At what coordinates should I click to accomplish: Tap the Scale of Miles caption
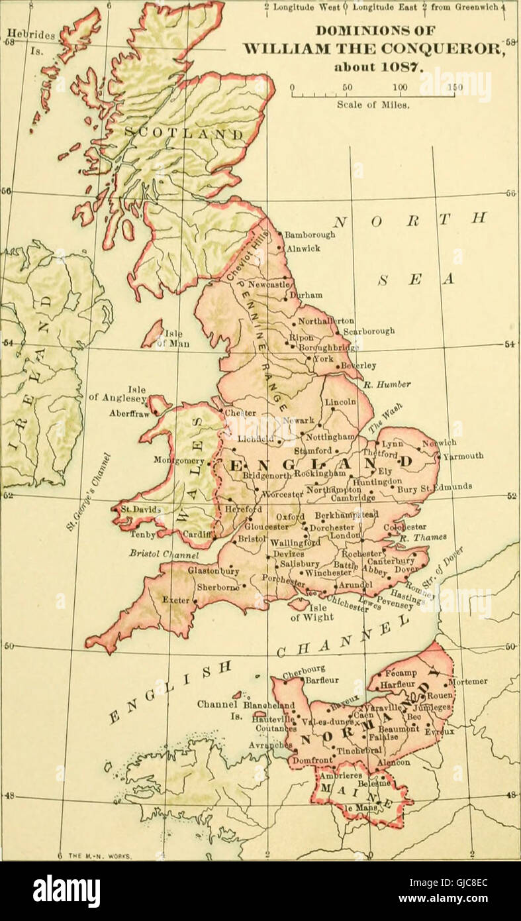[373, 104]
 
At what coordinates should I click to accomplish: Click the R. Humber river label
[387, 384]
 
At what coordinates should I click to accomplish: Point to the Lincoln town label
[340, 402]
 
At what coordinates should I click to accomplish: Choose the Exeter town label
[175, 600]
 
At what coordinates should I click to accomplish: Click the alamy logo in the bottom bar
[66, 891]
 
